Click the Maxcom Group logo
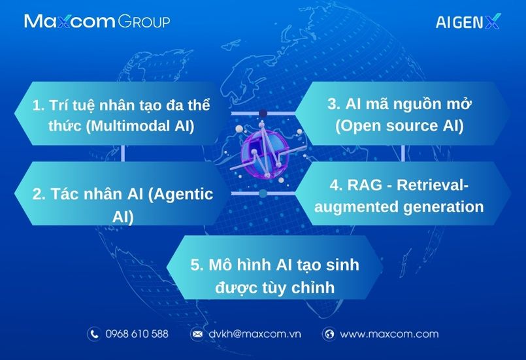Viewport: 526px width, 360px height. click(x=97, y=21)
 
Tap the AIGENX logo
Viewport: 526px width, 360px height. click(x=468, y=21)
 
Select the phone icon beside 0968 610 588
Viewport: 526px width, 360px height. click(x=94, y=334)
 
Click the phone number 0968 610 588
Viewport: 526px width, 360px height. click(x=137, y=334)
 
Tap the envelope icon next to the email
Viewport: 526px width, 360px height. click(x=197, y=334)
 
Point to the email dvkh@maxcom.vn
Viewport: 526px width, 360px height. click(x=255, y=334)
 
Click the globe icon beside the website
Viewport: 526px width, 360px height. click(x=329, y=334)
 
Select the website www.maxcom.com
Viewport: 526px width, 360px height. click(x=389, y=334)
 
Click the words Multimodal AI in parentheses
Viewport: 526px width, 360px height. click(x=140, y=126)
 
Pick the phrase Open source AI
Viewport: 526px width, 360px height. click(x=399, y=125)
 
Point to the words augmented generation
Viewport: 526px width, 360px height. click(x=399, y=206)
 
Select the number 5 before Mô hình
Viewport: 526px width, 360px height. click(x=197, y=265)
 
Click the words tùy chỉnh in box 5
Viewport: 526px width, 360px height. click(x=300, y=287)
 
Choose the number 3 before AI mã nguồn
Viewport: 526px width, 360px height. click(x=333, y=104)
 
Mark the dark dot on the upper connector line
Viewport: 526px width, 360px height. click(x=263, y=114)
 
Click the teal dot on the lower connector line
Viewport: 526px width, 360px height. click(x=263, y=193)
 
